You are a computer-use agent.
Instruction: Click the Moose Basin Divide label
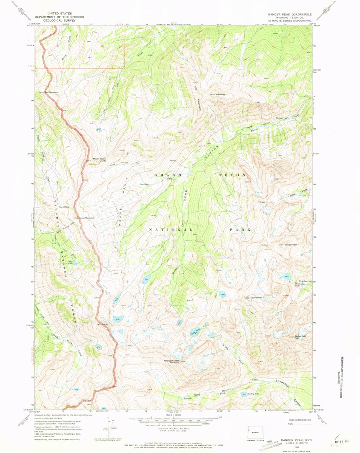(99, 160)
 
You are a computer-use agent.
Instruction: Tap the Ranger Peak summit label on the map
(291, 245)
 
